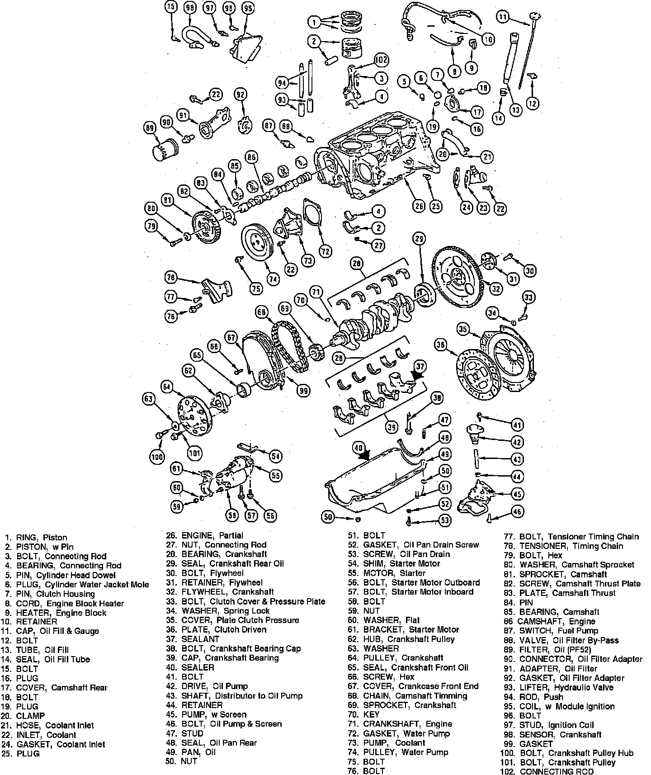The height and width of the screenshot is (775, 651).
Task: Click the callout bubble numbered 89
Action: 149,128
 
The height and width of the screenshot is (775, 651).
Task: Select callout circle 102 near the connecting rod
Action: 382,60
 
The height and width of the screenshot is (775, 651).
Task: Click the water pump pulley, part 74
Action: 255,243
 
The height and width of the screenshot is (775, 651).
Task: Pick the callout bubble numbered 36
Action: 441,345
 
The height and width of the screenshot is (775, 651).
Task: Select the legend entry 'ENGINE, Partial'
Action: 212,535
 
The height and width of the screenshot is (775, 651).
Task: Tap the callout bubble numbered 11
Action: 503,17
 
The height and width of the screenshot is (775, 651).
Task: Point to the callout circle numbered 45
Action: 517,494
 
